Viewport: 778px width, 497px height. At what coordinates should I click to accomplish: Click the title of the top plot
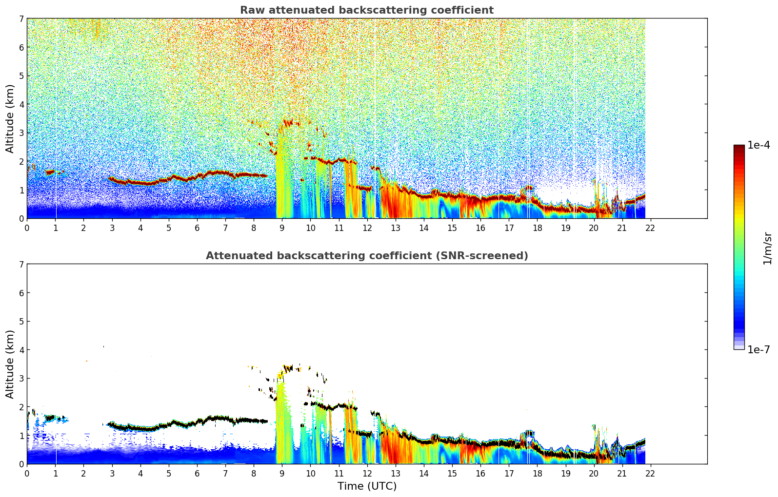pos(366,10)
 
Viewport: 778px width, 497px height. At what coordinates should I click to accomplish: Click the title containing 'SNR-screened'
pos(366,256)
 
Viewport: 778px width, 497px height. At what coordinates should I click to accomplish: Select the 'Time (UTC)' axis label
pos(367,486)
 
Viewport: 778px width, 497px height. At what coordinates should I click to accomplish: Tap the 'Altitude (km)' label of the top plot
pos(10,118)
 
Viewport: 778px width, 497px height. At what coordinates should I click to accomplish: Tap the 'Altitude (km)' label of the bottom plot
pos(10,364)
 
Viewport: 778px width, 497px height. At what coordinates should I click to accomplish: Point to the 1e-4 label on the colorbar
pos(758,145)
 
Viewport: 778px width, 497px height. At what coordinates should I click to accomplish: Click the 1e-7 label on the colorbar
pos(758,349)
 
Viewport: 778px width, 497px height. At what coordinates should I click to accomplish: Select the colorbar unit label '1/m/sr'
pos(767,248)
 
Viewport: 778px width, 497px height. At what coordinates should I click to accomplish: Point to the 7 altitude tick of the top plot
pos(21,19)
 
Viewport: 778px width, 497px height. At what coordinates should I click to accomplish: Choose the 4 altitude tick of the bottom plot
pos(21,350)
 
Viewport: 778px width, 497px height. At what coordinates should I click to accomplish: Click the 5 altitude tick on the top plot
pos(21,76)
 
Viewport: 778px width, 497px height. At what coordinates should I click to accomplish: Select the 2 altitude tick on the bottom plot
pos(21,407)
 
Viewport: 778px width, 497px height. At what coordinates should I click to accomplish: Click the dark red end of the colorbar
pos(739,148)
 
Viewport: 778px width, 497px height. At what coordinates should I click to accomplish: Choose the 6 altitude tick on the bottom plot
pos(21,293)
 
